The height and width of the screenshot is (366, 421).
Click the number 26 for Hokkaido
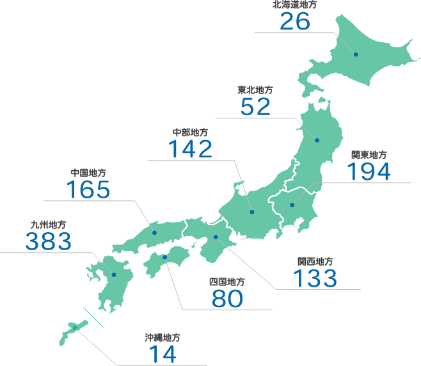click(x=295, y=21)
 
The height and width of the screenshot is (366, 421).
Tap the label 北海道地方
click(x=295, y=4)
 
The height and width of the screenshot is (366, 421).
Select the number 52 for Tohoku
click(x=256, y=107)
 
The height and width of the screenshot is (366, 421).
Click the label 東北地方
click(x=255, y=90)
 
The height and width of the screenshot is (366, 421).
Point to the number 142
click(x=190, y=149)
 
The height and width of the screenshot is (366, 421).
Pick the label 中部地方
click(x=190, y=132)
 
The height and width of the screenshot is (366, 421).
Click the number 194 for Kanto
click(x=369, y=171)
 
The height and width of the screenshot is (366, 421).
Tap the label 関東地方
click(x=369, y=155)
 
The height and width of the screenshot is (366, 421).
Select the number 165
click(x=88, y=189)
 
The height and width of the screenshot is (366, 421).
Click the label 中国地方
click(x=88, y=173)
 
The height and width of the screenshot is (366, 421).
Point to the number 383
click(x=48, y=241)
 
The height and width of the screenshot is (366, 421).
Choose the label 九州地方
click(x=48, y=225)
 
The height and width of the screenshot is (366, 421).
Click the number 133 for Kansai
click(x=315, y=278)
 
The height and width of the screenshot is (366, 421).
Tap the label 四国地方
click(x=226, y=282)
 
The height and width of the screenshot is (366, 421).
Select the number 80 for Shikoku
click(x=227, y=298)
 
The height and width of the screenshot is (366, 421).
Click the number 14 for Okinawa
click(x=163, y=354)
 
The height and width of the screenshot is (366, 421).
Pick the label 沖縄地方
click(x=163, y=337)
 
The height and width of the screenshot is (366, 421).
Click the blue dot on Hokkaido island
click(x=356, y=54)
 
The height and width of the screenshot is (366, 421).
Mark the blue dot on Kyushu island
click(x=114, y=274)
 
